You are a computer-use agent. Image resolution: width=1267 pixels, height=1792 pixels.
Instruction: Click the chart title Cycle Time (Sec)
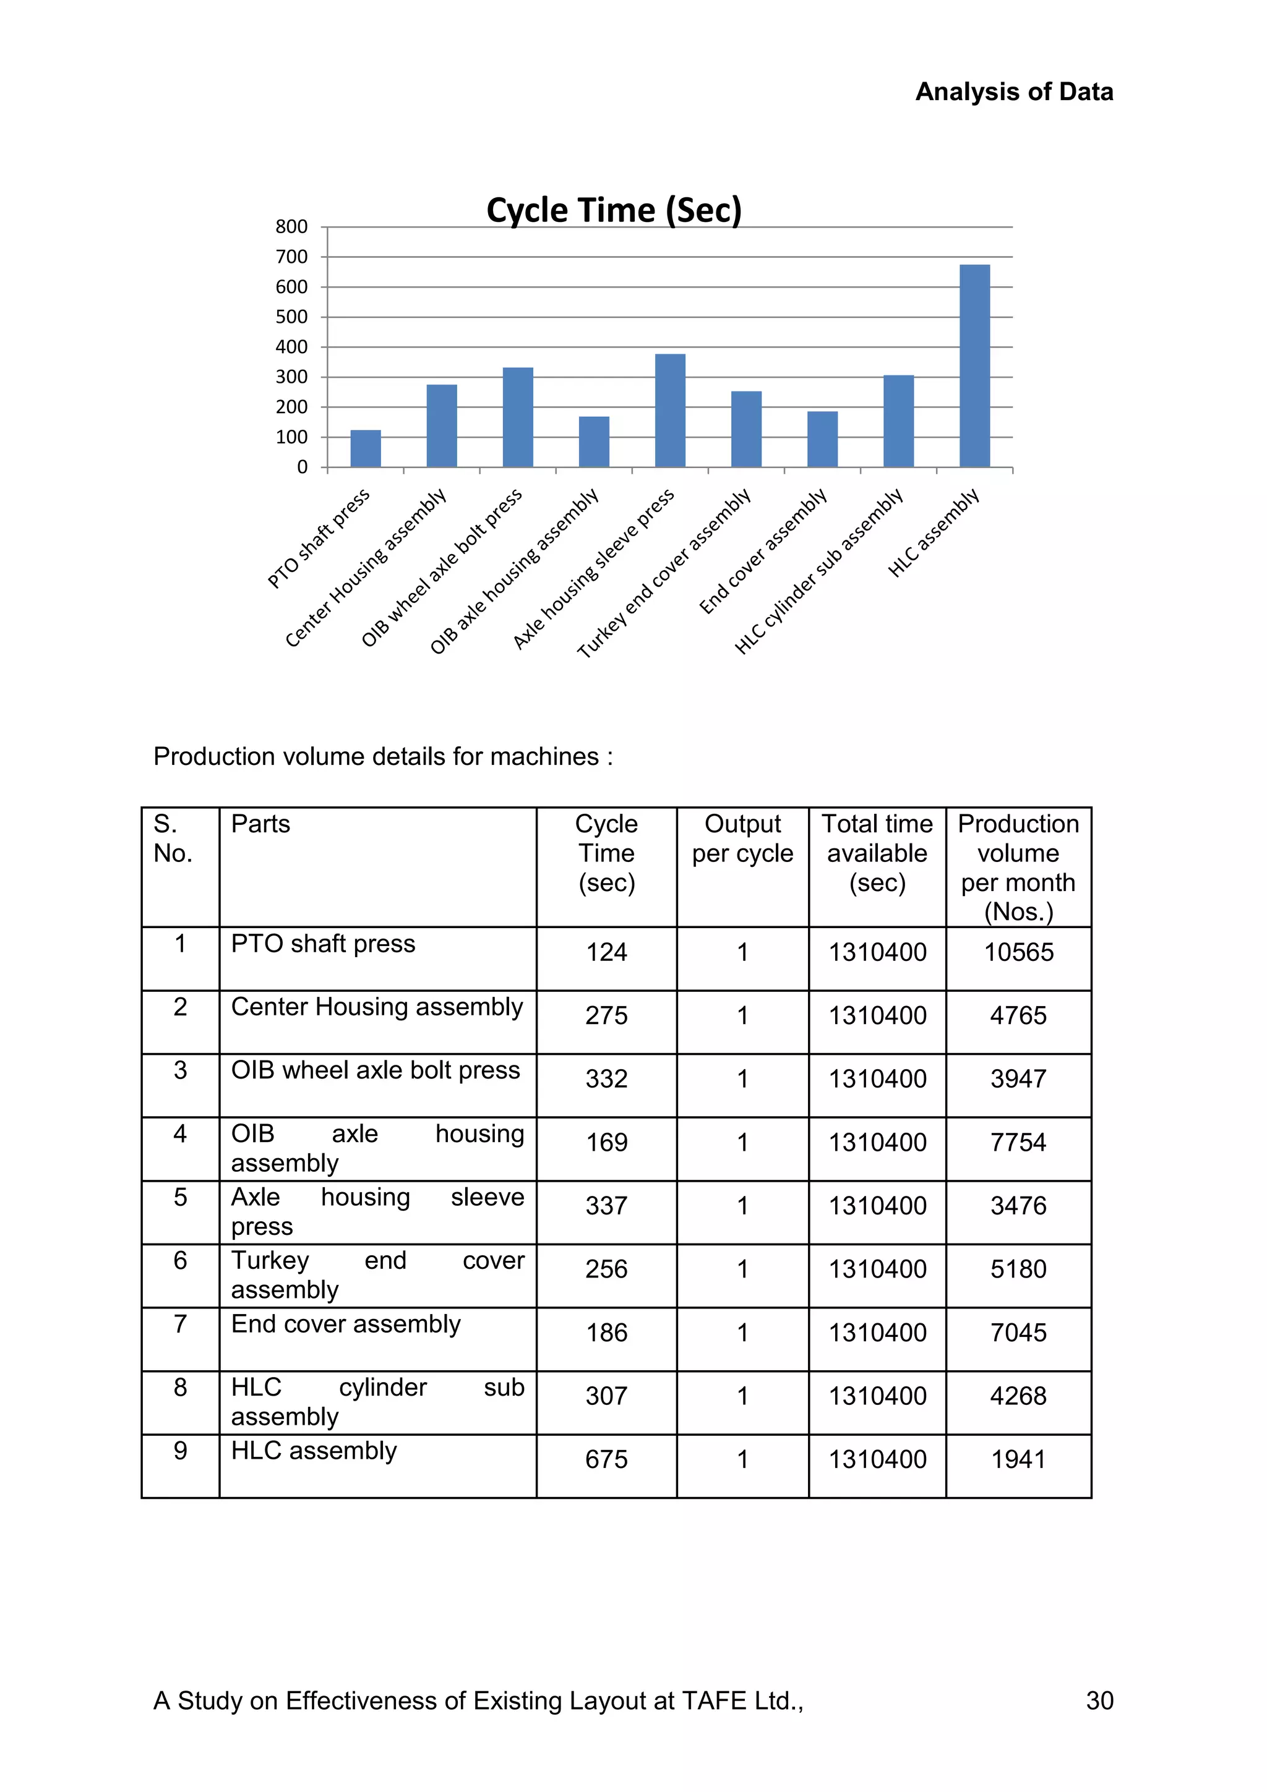click(614, 211)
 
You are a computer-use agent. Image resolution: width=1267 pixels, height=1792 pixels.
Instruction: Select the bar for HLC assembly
click(974, 365)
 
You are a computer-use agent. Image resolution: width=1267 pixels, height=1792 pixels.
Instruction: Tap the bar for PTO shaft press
click(366, 449)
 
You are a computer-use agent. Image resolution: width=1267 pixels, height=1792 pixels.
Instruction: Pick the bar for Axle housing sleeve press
click(670, 411)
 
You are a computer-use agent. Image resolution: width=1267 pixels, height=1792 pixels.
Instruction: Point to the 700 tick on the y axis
click(291, 257)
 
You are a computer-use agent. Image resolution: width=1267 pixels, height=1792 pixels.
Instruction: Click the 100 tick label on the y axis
click(291, 437)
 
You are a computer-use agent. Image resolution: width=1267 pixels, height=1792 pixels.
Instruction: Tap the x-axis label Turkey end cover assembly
click(664, 574)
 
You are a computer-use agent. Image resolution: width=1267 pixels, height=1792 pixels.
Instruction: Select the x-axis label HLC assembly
click(934, 533)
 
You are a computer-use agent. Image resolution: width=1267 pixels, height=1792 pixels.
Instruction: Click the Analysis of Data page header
click(1014, 92)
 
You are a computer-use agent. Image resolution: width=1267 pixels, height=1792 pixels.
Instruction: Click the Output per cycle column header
click(742, 838)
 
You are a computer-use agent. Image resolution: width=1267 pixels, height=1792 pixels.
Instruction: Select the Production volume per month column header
click(1018, 867)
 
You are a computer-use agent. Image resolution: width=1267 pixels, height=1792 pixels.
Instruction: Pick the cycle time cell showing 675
click(606, 1459)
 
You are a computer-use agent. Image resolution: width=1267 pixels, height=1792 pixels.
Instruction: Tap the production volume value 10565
click(1018, 952)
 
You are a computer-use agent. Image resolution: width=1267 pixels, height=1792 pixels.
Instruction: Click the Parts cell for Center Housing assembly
click(376, 1007)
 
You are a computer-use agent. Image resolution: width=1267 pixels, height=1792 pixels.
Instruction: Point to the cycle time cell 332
click(606, 1078)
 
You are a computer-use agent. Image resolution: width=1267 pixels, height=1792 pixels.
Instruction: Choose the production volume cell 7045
click(1018, 1333)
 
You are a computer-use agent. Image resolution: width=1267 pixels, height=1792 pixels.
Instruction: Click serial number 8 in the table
click(180, 1387)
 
